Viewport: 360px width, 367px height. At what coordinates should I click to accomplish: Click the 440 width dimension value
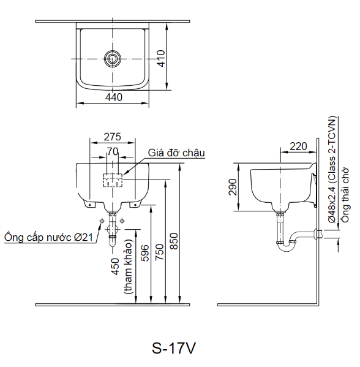click(113, 97)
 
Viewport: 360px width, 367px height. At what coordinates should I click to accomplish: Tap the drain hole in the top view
click(113, 59)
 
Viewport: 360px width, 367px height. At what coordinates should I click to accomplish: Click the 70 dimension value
click(113, 151)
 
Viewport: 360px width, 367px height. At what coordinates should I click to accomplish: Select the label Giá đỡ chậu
click(176, 153)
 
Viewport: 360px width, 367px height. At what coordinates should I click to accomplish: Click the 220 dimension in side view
click(298, 146)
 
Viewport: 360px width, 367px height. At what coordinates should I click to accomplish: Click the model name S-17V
click(174, 347)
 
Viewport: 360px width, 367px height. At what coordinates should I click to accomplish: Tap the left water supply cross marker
click(101, 221)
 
